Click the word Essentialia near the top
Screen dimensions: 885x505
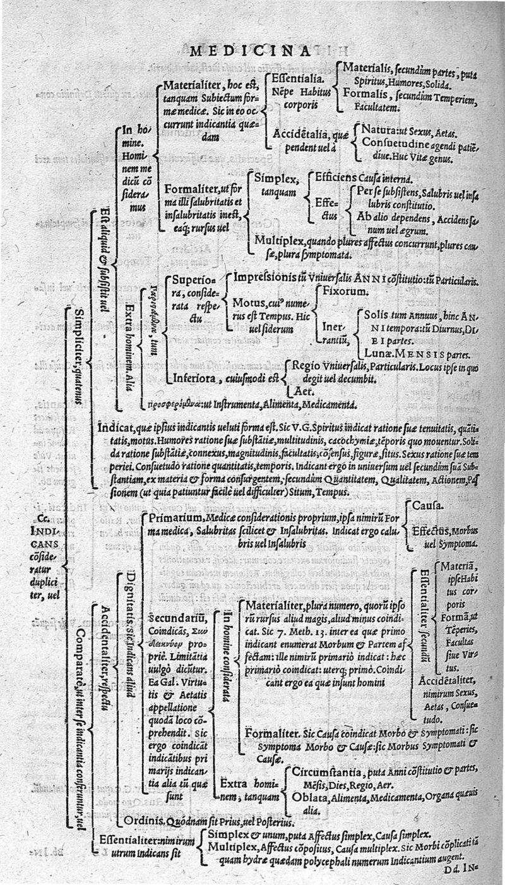pos(294,80)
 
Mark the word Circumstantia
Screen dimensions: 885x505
pos(327,772)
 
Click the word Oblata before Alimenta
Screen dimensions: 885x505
pos(309,797)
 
